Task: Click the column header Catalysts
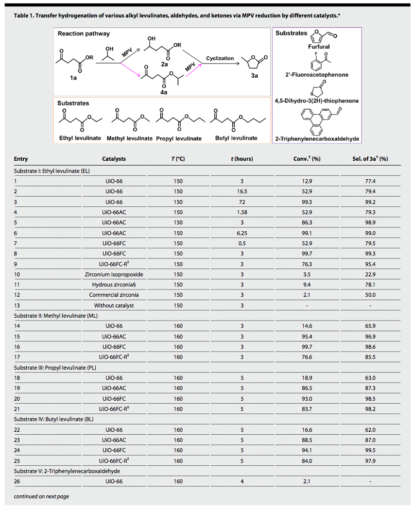click(x=114, y=159)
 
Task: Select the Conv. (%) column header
click(x=304, y=159)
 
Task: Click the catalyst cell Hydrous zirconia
click(x=113, y=284)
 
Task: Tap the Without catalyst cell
click(x=114, y=305)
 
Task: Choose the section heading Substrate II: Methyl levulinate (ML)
click(x=55, y=315)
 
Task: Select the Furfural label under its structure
click(x=318, y=47)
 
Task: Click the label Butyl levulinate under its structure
click(x=236, y=138)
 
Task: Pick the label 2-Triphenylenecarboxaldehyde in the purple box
click(x=317, y=139)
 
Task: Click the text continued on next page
click(x=41, y=496)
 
